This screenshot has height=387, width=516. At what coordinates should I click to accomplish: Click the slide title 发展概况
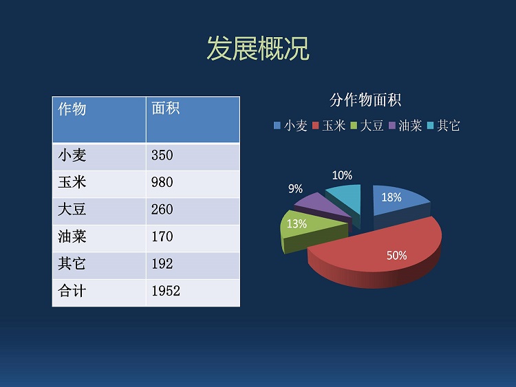(x=258, y=49)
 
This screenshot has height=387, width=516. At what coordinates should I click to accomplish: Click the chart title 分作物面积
(x=365, y=100)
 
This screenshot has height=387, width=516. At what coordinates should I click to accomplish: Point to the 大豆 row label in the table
(x=72, y=210)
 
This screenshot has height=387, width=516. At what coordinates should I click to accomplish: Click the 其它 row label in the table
(x=72, y=264)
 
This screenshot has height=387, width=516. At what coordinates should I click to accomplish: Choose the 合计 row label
(x=72, y=291)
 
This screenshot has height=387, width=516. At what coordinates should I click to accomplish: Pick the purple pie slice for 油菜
(x=321, y=207)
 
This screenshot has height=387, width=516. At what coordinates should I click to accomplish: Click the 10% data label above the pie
(x=342, y=175)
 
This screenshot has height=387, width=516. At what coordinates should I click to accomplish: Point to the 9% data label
(x=295, y=189)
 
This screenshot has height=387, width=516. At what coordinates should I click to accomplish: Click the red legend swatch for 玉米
(x=316, y=126)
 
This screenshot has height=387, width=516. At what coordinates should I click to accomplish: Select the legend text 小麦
(x=296, y=126)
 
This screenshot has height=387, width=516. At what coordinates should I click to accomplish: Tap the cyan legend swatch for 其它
(x=431, y=126)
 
